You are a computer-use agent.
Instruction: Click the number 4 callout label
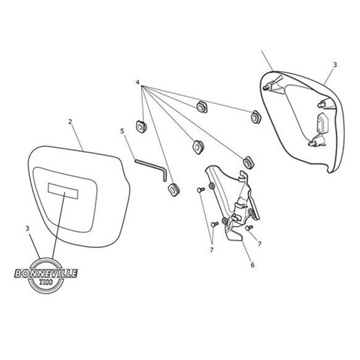point(137,82)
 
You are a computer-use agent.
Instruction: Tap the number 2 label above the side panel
point(70,122)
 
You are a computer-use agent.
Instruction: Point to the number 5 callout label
point(122,132)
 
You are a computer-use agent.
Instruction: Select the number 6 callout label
point(253,265)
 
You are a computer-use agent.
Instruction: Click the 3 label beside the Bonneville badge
point(27,228)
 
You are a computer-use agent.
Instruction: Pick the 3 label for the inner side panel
point(335,65)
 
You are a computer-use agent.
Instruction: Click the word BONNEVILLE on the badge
point(46,274)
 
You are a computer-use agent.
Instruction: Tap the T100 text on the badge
point(46,282)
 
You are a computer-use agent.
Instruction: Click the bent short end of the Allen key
point(164,175)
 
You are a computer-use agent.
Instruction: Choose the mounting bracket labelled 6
point(232,203)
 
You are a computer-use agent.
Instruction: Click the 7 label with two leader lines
point(211,249)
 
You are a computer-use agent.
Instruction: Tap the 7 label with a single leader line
point(259,244)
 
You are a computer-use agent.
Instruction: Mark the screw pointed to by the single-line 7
point(249,228)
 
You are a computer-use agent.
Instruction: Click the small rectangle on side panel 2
point(63,190)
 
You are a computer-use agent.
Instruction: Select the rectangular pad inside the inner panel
point(323,123)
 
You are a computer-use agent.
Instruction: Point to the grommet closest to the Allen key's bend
point(174,190)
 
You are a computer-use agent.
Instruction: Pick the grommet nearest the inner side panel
point(255,117)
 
